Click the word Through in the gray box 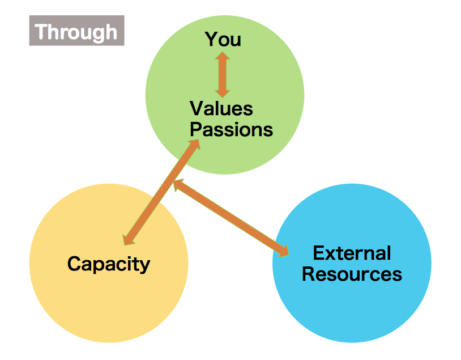point(76,32)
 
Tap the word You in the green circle point(223,39)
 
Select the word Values point(221,108)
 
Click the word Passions point(232,129)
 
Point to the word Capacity point(109,264)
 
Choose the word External point(352,253)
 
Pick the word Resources point(352,274)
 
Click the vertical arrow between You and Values point(223,75)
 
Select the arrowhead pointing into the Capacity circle point(128,239)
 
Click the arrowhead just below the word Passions point(195,145)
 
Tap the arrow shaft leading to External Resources point(231,218)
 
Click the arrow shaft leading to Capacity point(161,192)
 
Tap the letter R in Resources point(308,274)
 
